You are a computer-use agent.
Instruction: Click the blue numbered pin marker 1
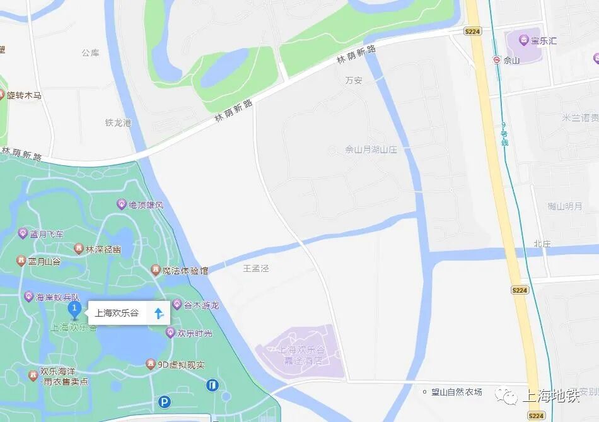74,309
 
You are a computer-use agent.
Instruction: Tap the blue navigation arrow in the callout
158,312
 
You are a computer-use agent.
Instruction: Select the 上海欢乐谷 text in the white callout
117,313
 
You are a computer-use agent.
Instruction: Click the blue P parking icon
165,402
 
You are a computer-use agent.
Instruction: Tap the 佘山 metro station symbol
497,61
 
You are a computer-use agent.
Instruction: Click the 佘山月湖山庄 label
371,150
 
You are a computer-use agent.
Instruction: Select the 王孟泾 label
256,268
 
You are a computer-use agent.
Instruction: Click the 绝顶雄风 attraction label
146,205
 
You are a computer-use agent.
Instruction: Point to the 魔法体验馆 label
185,271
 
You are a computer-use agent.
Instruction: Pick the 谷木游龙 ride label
201,305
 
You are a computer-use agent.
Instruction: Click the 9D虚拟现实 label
181,365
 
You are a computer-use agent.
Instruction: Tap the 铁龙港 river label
118,123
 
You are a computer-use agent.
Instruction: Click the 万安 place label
354,81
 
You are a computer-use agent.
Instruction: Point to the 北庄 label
542,243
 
